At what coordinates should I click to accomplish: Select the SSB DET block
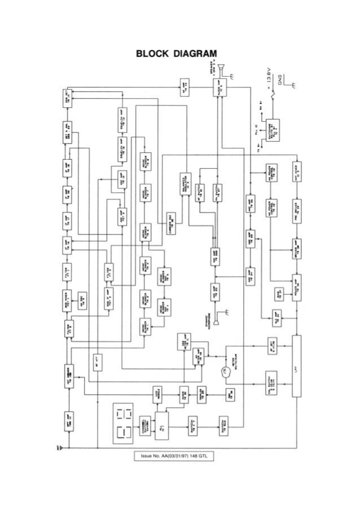pyautogui.click(x=66, y=99)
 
